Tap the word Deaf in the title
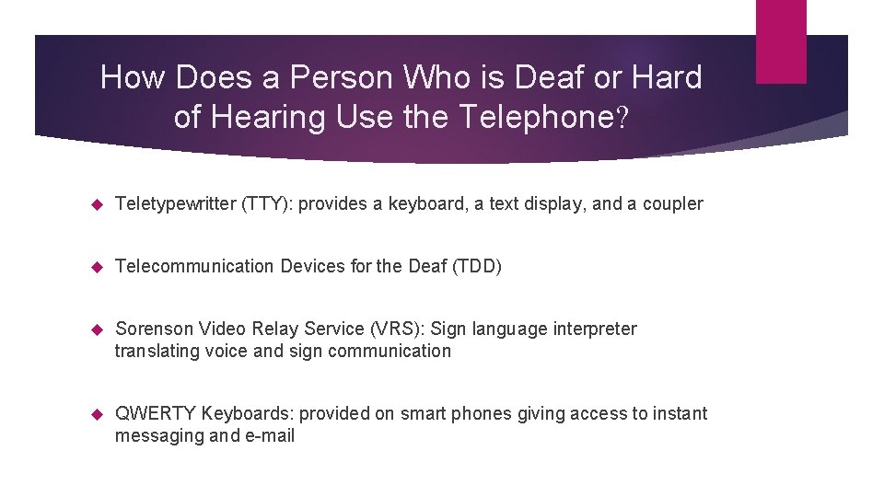(x=550, y=77)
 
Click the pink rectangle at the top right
(x=780, y=41)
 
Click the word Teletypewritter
(x=175, y=204)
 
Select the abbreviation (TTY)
(x=267, y=204)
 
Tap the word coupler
(x=674, y=204)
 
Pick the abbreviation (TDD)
(x=477, y=267)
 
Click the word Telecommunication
(x=194, y=267)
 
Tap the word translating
(x=155, y=352)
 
